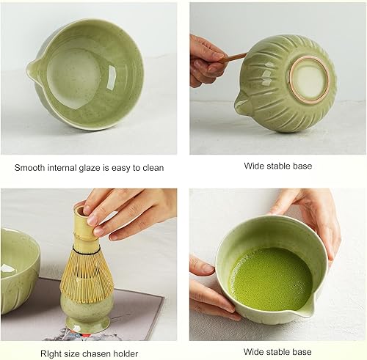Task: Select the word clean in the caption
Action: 151,168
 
